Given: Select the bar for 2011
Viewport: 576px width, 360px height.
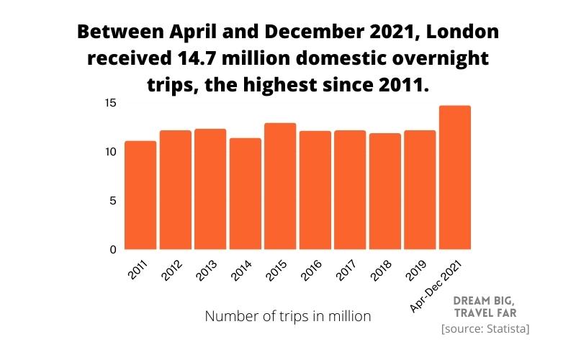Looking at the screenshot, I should (x=140, y=195).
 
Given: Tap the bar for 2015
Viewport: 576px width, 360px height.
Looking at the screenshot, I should (x=280, y=186).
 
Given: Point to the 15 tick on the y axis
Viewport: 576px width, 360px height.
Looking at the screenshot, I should (x=109, y=103).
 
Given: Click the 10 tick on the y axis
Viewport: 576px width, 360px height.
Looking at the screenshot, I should (x=109, y=152).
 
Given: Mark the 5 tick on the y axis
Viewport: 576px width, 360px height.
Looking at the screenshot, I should (x=112, y=201).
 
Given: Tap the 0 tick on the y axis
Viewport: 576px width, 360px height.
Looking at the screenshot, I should (x=112, y=250).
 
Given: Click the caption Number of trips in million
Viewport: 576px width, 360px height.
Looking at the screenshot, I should (x=288, y=316).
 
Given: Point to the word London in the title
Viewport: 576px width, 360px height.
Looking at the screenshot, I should (x=458, y=33).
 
